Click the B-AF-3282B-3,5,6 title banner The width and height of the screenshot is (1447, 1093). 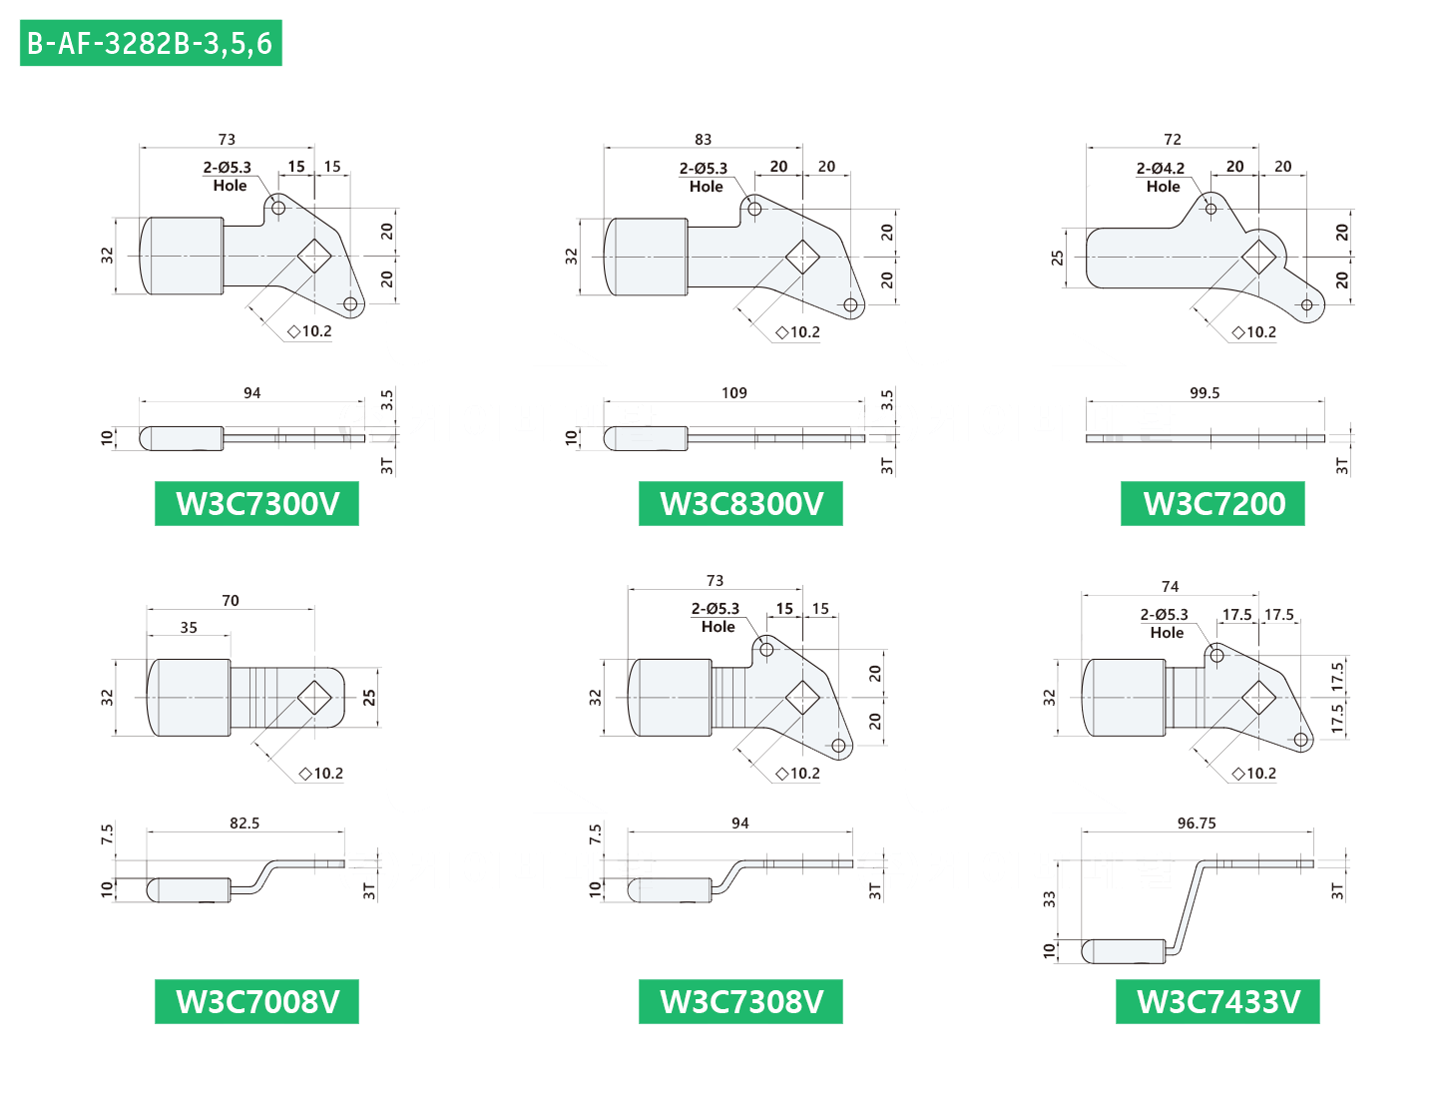point(151,43)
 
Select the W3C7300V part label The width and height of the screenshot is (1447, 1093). point(256,504)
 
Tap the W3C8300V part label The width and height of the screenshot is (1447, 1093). point(740,504)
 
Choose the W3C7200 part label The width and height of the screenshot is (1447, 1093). point(1212,504)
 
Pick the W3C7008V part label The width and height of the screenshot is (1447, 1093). point(256,1001)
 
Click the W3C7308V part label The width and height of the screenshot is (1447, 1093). point(740,1001)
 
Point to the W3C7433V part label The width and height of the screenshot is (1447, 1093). point(1217,1001)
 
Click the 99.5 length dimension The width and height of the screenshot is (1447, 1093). point(1205,393)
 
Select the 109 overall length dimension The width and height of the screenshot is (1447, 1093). point(733,393)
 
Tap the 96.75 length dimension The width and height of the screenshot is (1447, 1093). point(1197,822)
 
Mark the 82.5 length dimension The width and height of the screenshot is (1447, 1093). point(244,822)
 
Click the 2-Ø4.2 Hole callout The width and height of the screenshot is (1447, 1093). point(1161,177)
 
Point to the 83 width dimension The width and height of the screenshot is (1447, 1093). point(703,139)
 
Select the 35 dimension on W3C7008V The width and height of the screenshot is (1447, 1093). point(189,627)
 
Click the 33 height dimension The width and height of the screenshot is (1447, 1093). point(1049,898)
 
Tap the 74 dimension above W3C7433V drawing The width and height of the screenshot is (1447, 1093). point(1170,586)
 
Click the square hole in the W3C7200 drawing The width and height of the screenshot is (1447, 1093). point(1258,257)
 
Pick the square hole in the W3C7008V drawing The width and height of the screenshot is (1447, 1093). point(314,697)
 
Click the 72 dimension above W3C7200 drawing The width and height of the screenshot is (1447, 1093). point(1173,139)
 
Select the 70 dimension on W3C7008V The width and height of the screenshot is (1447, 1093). point(231,600)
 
